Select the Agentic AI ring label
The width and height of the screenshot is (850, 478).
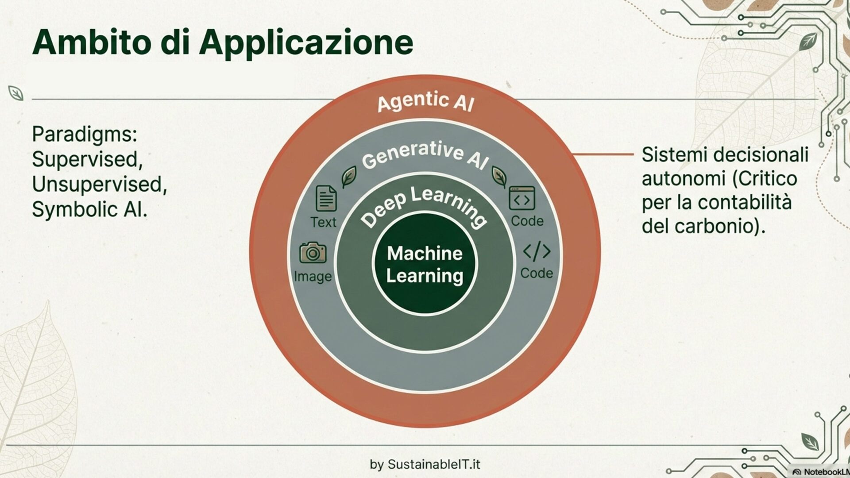click(425, 101)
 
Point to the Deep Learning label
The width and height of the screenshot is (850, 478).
click(424, 206)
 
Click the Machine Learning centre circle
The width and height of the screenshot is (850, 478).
click(425, 264)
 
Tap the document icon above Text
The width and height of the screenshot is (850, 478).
click(326, 199)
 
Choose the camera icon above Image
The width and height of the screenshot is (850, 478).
click(313, 253)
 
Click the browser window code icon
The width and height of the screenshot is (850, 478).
click(522, 198)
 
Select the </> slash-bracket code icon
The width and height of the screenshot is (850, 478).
click(537, 251)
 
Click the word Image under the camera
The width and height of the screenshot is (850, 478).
click(313, 277)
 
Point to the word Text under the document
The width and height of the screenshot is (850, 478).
click(323, 222)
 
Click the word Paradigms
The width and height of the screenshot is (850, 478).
click(85, 134)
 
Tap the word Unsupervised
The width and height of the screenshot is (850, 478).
click(99, 184)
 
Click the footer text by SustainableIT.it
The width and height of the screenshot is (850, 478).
click(425, 464)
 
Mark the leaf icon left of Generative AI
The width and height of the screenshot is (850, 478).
click(349, 177)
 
